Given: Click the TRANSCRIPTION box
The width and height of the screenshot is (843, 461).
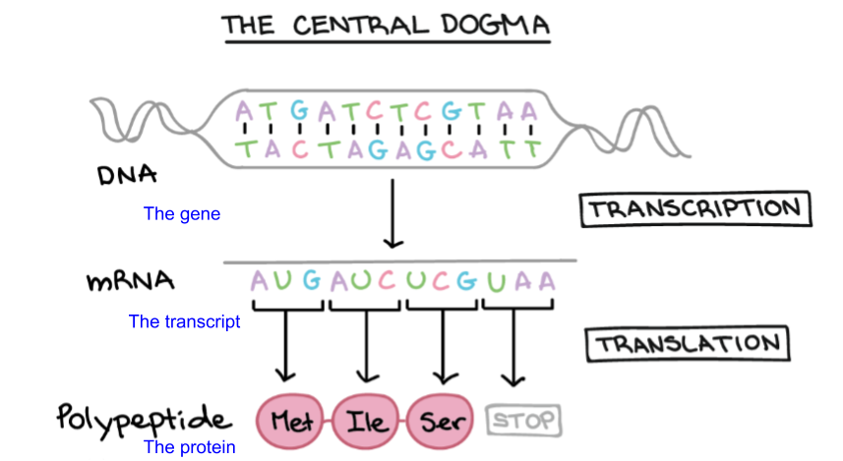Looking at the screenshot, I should point(695,209).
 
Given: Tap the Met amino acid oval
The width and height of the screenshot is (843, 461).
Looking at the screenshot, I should point(291,423).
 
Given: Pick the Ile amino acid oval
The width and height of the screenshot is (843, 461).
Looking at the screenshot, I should point(367,423).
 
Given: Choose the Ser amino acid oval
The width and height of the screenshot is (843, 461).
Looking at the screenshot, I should point(442,423).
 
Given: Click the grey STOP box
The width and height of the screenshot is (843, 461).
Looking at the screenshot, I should point(522,422).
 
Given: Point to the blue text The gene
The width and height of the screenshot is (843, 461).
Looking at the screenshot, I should point(182,213).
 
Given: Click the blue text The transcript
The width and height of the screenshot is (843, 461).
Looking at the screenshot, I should point(185,321).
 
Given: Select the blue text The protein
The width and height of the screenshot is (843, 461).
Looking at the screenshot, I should point(190,447).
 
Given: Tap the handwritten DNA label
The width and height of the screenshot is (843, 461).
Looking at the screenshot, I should point(128,177).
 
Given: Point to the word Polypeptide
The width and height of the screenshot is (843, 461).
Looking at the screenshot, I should point(144,420).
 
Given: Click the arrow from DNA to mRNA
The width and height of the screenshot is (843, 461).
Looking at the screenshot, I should point(392,212).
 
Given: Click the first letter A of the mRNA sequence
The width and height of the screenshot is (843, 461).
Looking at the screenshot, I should point(260,281).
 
